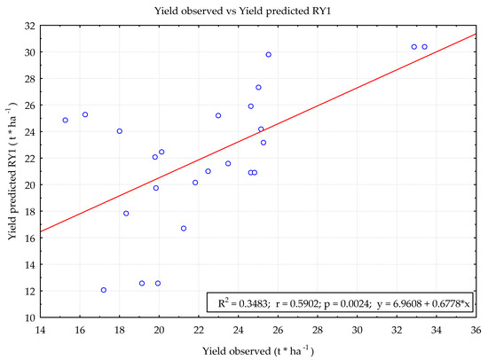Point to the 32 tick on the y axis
[28, 26]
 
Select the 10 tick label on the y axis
[28, 317]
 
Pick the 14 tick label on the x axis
[40, 330]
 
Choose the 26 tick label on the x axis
[278, 330]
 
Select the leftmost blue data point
[65, 120]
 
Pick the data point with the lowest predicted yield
[104, 290]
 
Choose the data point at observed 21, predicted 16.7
[184, 228]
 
